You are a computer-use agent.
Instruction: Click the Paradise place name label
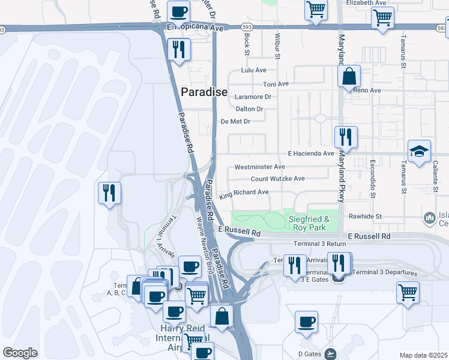click(205, 92)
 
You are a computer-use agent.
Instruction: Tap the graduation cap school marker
click(419, 152)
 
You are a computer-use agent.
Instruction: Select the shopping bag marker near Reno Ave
click(349, 77)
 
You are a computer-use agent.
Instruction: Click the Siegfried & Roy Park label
click(309, 224)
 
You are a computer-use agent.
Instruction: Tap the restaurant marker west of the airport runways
click(109, 193)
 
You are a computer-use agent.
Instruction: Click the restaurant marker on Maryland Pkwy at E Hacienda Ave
click(346, 137)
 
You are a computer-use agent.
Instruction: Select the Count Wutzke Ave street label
click(277, 179)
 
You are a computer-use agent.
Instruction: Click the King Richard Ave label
click(244, 194)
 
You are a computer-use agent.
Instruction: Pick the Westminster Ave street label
click(259, 166)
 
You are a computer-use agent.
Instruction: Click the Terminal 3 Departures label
click(384, 272)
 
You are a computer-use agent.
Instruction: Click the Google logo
click(20, 352)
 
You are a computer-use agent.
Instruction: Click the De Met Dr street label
click(235, 121)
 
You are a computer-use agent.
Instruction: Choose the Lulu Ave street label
click(253, 70)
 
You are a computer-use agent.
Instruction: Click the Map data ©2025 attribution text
click(423, 355)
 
